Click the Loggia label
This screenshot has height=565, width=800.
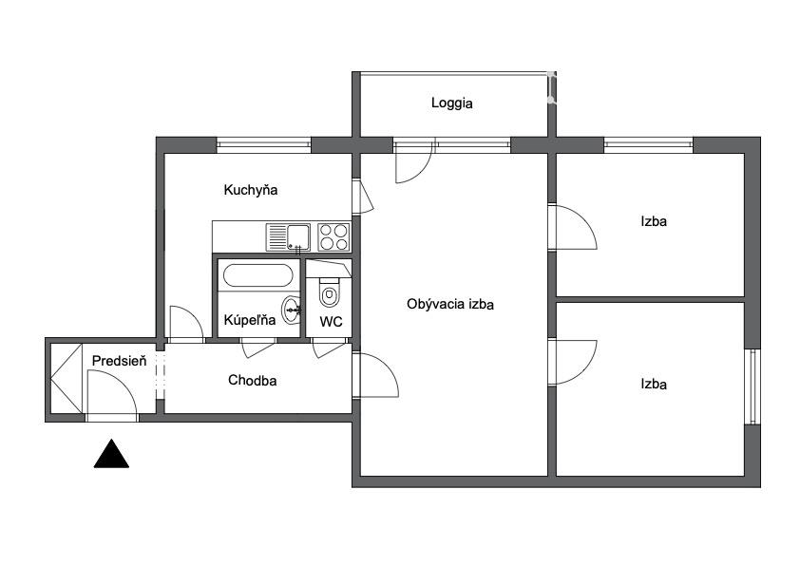pos(451,103)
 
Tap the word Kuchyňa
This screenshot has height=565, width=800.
pos(251,190)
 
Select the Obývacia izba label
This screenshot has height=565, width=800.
pos(450,305)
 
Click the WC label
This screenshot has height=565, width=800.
pos(332,322)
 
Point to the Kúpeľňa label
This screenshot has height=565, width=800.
pos(250,320)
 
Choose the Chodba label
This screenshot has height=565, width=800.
pos(252,381)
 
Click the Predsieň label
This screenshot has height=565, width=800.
pos(119,361)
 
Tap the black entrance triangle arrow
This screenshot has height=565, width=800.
pos(111,453)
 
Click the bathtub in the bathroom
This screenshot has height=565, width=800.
pos(258,275)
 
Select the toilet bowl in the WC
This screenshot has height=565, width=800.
pos(329,292)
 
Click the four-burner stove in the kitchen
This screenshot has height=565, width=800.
pos(333,237)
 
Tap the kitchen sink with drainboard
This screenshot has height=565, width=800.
pos(288,237)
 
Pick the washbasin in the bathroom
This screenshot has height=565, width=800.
pos(293,309)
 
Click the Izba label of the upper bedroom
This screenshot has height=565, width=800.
pos(654,221)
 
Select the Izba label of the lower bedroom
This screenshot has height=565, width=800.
pos(654,384)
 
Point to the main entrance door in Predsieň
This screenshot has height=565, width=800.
pos(112,396)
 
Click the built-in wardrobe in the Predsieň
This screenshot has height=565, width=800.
pos(67,378)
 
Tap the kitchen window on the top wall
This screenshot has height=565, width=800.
pos(264,145)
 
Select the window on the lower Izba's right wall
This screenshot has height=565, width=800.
pos(752,386)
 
